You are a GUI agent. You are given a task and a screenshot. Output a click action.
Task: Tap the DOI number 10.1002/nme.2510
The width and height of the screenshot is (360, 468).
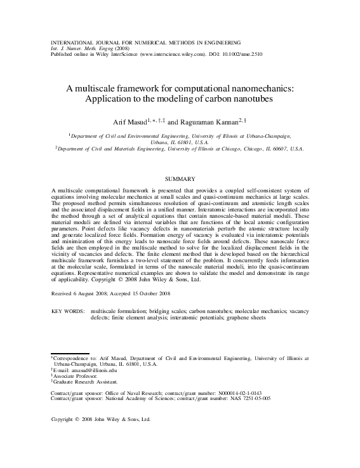(x=239, y=55)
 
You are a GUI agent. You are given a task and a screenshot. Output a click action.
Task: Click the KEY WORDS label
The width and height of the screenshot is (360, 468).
(x=67, y=312)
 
